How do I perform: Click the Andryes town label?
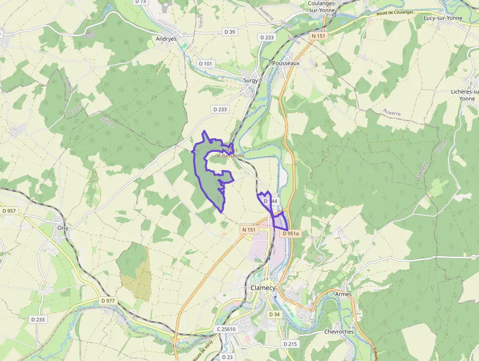[x=166, y=39]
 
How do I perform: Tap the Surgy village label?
[x=251, y=81]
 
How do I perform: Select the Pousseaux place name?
[x=285, y=63]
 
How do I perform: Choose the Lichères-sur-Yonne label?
[x=465, y=95]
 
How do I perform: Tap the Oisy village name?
[x=63, y=227]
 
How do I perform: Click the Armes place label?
[x=344, y=294]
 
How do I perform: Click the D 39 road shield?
[x=229, y=32]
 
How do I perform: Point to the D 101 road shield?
[x=206, y=64]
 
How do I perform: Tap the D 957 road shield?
[x=9, y=211]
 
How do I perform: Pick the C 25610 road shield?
[x=226, y=329]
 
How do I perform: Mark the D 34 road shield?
[x=274, y=314]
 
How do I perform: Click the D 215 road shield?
[x=290, y=344]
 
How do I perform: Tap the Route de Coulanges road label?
[x=394, y=13]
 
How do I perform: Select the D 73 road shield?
[x=140, y=1]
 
